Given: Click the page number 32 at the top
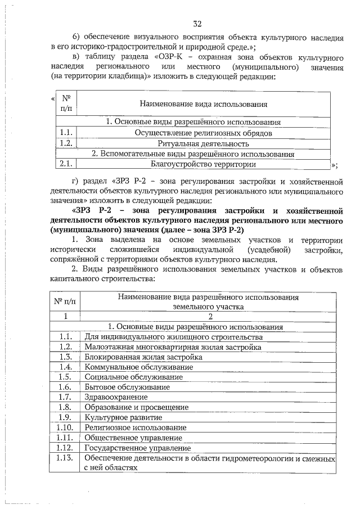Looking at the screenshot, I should [197, 24].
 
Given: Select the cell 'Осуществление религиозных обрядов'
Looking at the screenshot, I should [203, 133].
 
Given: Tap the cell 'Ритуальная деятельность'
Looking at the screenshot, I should [203, 143].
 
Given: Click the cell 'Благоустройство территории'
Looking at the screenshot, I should [203, 164].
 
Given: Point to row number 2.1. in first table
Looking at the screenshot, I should [66, 164].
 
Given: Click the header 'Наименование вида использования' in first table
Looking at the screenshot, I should [203, 104].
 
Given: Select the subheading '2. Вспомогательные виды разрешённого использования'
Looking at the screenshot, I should [193, 154].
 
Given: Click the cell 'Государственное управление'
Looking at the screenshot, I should [138, 448].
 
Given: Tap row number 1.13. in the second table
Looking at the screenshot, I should [66, 458].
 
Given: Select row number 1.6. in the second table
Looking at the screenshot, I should [66, 387].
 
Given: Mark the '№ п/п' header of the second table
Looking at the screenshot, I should [65, 302].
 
